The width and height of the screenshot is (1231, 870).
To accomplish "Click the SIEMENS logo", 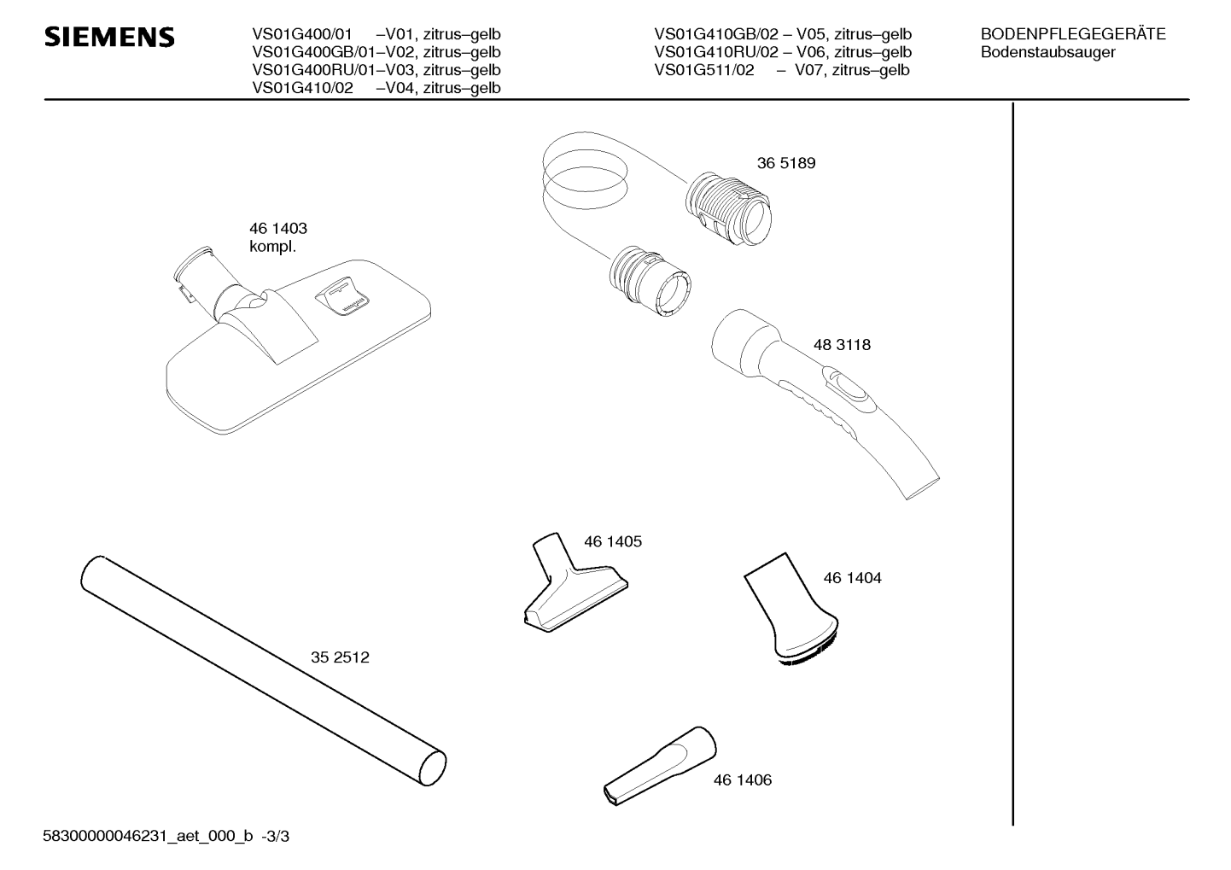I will [109, 38].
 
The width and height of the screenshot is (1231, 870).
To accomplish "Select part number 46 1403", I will [277, 229].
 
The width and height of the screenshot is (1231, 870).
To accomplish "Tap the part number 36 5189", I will [785, 163].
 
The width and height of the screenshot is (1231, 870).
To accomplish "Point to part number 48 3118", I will [842, 345].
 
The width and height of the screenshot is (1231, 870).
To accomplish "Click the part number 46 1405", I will [612, 541].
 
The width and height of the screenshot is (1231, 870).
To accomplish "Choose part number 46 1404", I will [852, 578].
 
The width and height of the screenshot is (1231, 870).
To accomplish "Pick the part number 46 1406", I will [742, 779].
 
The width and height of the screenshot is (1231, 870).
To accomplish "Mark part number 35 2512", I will [340, 657].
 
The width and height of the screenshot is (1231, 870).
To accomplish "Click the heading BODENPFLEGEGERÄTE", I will [1072, 34].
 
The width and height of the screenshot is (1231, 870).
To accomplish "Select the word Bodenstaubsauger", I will [1047, 52].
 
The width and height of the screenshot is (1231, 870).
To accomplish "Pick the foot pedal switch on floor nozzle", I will [343, 298].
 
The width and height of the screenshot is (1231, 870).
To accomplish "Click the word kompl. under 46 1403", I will [271, 247].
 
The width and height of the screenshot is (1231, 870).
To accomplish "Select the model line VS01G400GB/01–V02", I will [376, 52].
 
